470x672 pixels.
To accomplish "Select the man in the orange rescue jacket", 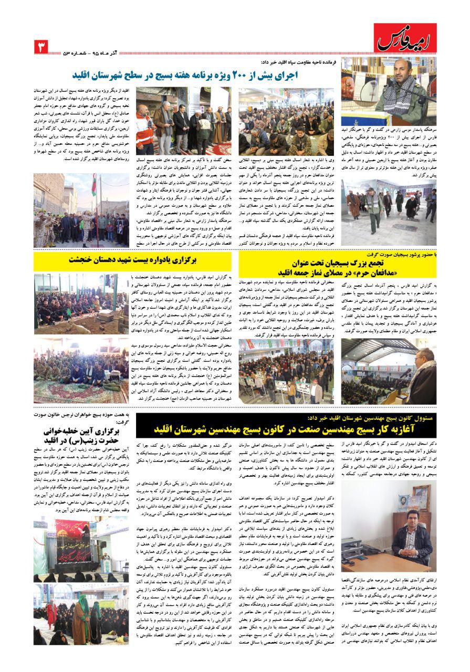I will tap(145, 129).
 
